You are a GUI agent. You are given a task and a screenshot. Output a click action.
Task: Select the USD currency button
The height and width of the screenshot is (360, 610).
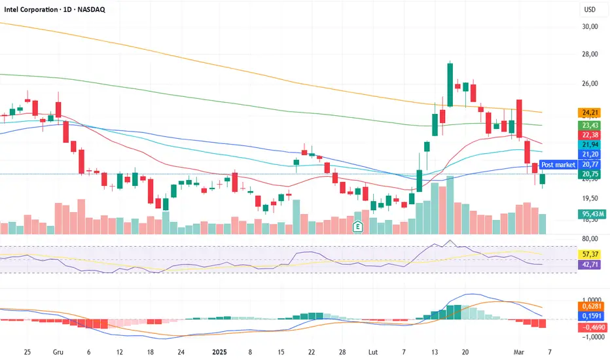[x=589, y=10]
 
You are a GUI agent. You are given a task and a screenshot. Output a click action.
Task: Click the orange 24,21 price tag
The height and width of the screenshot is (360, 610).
[x=589, y=112]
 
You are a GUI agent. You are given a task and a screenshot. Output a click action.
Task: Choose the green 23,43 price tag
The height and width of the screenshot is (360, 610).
[x=589, y=125]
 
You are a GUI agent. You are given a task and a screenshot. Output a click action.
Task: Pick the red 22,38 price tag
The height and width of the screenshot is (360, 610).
[x=589, y=134]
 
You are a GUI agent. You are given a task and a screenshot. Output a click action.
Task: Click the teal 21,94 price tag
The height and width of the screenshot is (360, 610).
[x=589, y=144]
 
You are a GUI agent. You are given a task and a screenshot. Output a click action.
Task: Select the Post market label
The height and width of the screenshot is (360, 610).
[x=558, y=164]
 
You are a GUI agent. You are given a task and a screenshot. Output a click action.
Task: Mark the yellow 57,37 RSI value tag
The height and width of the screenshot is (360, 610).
[x=589, y=253]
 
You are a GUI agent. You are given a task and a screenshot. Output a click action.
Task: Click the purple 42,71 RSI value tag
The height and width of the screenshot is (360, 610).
[x=589, y=264]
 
